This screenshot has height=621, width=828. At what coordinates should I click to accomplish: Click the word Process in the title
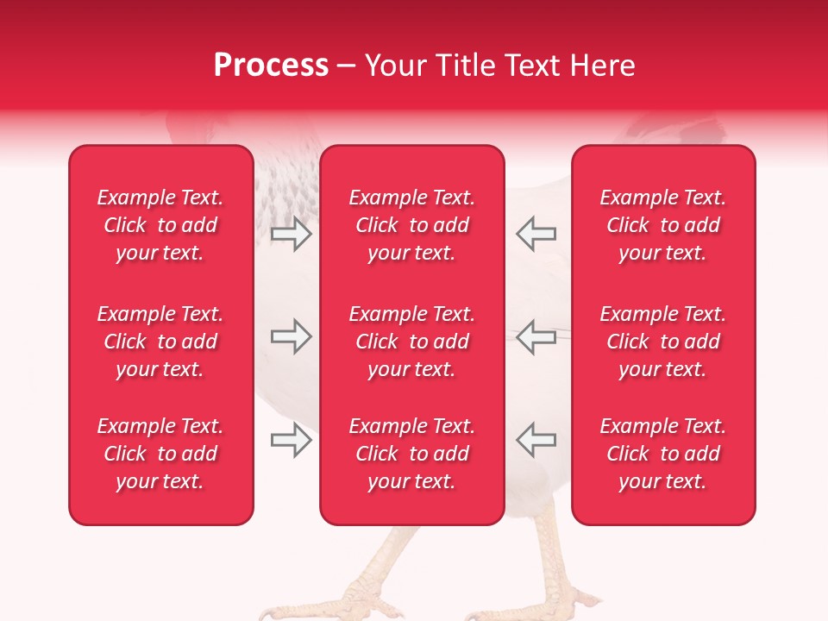[x=271, y=66]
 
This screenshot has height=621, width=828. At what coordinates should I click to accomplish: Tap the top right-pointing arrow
[x=291, y=234]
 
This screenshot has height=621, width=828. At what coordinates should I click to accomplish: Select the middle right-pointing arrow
[x=291, y=337]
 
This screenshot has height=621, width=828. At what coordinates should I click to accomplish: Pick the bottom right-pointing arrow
[x=291, y=441]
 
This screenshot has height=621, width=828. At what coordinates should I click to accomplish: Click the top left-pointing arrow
[x=536, y=234]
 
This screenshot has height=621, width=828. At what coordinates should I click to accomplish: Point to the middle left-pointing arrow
[x=536, y=337]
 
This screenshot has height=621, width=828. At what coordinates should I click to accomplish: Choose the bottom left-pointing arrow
[x=536, y=441]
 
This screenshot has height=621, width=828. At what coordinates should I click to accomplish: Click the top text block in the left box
[x=160, y=225]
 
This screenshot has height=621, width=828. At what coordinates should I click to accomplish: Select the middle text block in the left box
[x=160, y=342]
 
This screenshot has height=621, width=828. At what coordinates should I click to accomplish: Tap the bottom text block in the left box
[x=160, y=454]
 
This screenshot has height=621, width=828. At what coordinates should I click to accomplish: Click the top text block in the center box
[x=411, y=225]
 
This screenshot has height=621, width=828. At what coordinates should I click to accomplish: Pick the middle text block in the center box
[x=411, y=342]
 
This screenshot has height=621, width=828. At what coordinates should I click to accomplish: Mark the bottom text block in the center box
[x=411, y=454]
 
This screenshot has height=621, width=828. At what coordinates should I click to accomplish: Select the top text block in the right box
[x=662, y=225]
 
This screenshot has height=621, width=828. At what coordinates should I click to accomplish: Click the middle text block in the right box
[x=662, y=342]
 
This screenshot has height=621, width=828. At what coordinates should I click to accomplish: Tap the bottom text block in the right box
[x=662, y=454]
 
